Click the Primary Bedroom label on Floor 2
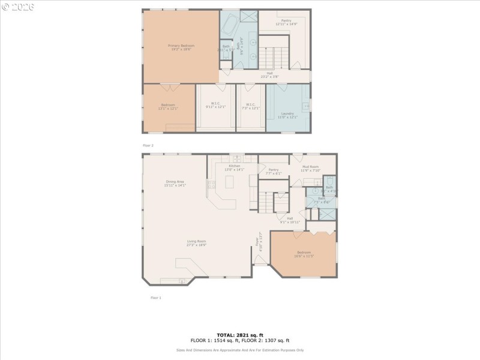click(181, 47)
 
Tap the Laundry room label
click(287, 115)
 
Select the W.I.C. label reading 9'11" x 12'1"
click(215, 106)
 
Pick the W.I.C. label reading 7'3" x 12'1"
click(251, 106)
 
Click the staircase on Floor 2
click(274, 58)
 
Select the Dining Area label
click(175, 183)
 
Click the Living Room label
click(196, 242)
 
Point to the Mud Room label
click(310, 168)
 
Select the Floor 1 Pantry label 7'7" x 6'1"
click(274, 171)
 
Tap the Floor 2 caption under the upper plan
click(148, 146)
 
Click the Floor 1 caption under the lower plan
click(155, 297)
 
